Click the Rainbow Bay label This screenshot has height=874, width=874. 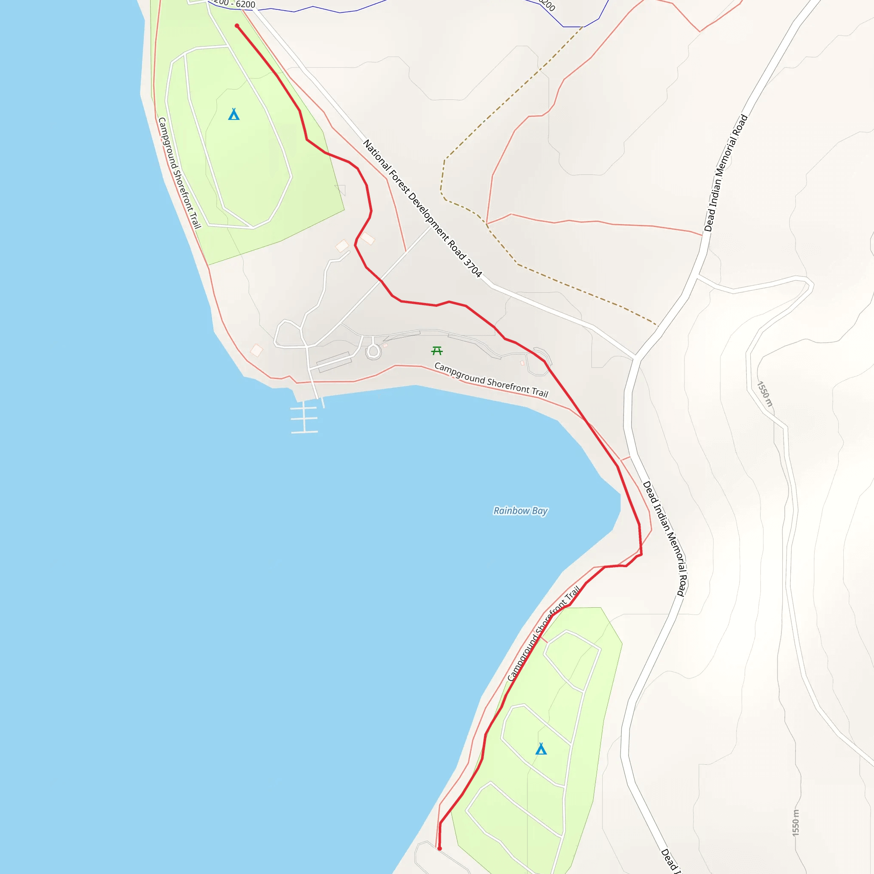[520, 511]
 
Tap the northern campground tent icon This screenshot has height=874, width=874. [233, 114]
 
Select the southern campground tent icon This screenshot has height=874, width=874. [541, 749]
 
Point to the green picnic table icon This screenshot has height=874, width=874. [437, 351]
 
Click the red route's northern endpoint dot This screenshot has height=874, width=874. [237, 26]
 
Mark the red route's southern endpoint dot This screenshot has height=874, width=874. [439, 848]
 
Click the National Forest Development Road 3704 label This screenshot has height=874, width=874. [422, 208]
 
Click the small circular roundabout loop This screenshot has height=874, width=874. [373, 351]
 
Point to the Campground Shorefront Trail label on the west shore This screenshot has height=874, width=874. [179, 173]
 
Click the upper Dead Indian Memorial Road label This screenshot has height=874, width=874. [725, 173]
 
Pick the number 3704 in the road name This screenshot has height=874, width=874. [473, 267]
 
